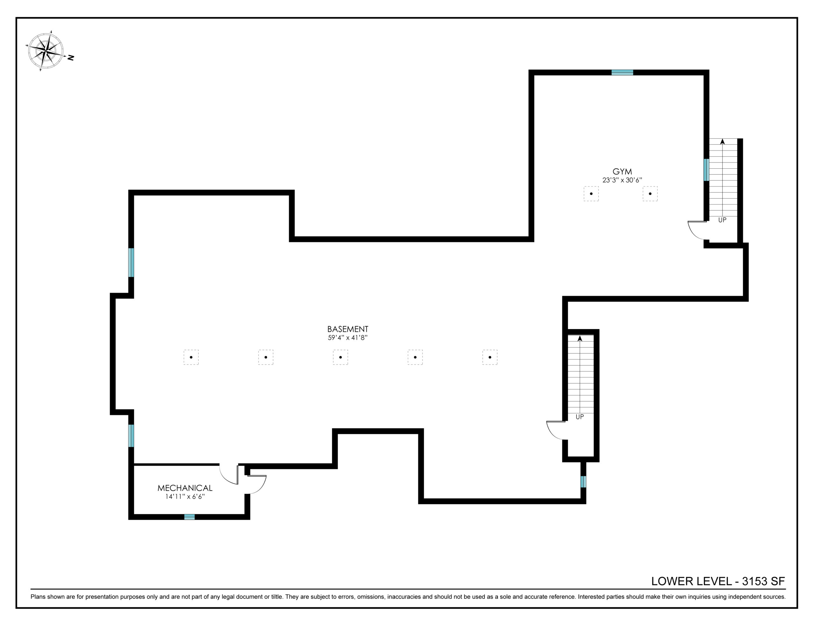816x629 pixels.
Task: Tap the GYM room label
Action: point(622,172)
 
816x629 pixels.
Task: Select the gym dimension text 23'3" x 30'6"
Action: point(622,180)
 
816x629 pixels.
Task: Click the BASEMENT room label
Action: point(347,329)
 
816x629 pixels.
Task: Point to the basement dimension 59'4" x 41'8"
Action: point(347,338)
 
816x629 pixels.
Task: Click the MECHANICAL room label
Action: point(185,488)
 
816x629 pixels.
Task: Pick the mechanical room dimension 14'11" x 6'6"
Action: point(185,497)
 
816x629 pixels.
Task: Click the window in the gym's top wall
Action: point(622,72)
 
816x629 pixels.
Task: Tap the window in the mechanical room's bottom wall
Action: point(189,517)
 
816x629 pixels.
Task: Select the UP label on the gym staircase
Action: point(722,220)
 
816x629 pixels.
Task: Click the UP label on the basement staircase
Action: point(579,417)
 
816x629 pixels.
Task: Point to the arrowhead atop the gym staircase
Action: point(722,141)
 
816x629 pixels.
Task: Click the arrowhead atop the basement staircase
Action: point(580,338)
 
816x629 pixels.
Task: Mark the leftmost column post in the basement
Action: point(191,357)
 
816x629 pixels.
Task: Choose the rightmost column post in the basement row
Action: point(490,357)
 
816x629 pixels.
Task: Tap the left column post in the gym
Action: point(591,194)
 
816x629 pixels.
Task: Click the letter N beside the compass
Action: point(71,58)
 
